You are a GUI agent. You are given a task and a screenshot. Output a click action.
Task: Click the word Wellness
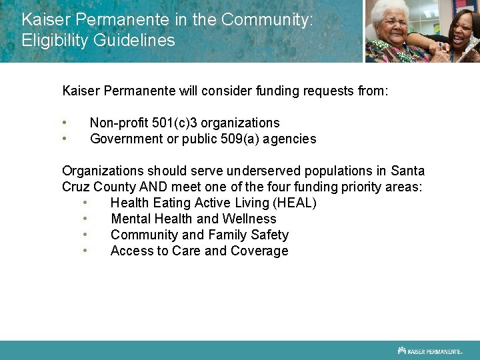pos(249,219)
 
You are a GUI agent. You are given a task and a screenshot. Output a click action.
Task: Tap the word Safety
pos(268,235)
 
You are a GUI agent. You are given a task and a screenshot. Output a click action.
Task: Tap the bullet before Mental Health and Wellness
pos(85,219)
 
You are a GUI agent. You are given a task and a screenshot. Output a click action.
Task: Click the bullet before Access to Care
pos(85,251)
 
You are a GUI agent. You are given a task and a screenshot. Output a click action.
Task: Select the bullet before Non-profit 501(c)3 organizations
pos(65,123)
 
